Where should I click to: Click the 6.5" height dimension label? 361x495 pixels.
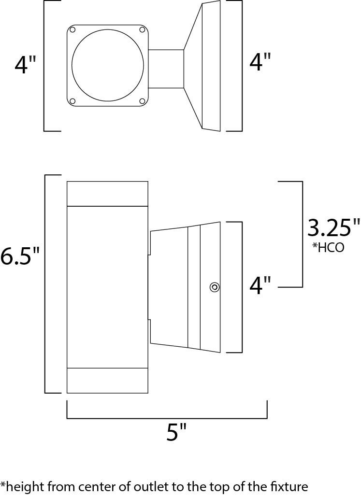20,255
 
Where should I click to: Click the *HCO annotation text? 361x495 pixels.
328,247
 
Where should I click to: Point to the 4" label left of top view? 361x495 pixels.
26,65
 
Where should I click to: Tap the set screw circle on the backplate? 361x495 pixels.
215,287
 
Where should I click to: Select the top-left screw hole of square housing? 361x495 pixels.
72,30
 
